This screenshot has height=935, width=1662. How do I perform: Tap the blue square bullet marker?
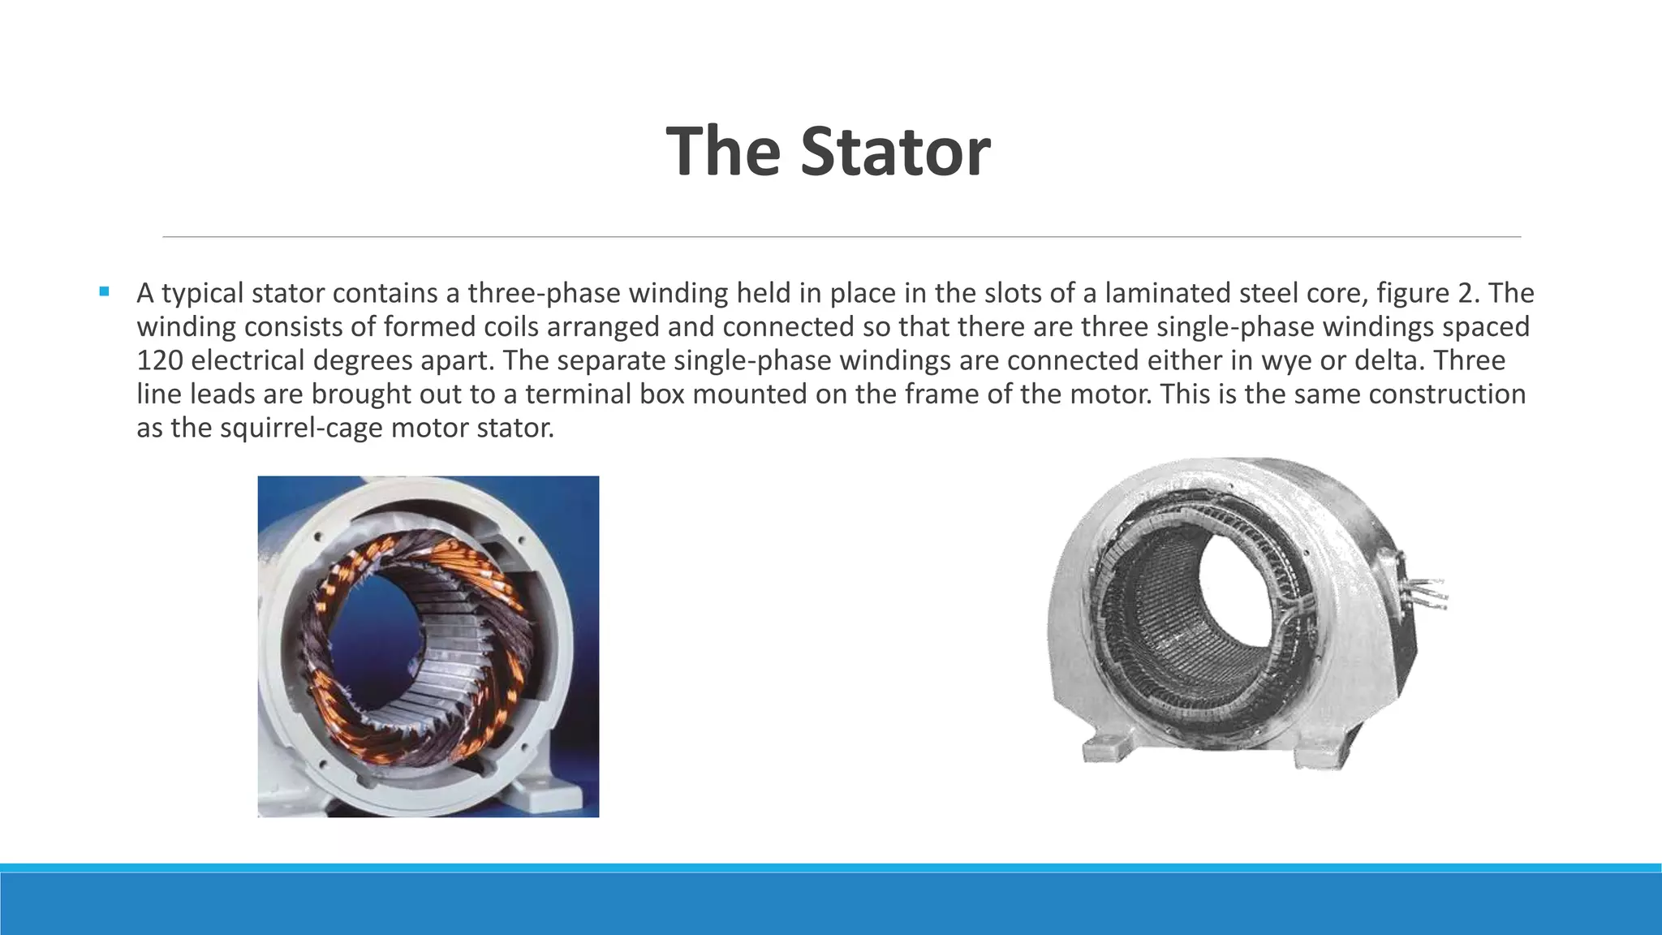104,291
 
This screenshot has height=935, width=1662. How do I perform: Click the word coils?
521,327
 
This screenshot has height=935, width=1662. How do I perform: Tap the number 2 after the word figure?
1471,293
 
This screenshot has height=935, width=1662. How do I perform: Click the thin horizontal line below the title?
842,237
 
